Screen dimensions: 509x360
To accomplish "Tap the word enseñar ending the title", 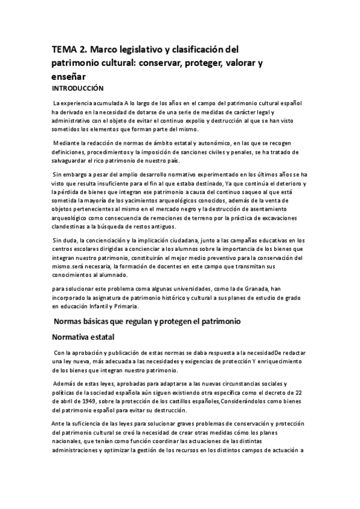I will click(69, 76).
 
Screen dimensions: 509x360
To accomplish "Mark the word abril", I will click(70, 393).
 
